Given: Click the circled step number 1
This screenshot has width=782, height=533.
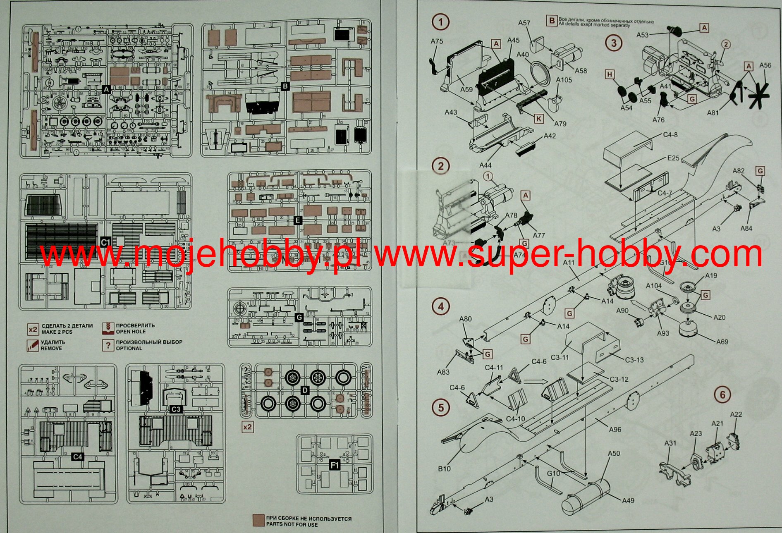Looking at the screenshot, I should [x=440, y=22].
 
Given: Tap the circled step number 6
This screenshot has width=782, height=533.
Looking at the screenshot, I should [x=722, y=394].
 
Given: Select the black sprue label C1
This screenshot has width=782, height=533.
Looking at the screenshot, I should [x=106, y=241].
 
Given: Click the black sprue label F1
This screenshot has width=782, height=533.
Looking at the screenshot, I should [x=335, y=465].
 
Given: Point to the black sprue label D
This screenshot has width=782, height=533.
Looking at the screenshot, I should [x=305, y=390].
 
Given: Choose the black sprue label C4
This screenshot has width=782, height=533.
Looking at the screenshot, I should [x=77, y=457].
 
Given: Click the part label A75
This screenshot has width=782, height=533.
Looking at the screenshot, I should [x=437, y=41].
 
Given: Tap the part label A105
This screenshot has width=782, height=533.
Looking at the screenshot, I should [x=564, y=80].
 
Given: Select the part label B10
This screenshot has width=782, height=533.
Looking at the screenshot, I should [x=444, y=468].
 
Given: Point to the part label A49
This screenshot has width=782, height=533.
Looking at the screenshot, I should [x=628, y=500].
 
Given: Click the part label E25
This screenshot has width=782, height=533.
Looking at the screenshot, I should [x=673, y=158].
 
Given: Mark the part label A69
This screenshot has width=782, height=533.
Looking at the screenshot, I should [x=722, y=342].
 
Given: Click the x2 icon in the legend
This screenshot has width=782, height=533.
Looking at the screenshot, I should [x=33, y=330].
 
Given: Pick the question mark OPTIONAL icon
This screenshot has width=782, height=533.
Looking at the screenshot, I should [x=108, y=345].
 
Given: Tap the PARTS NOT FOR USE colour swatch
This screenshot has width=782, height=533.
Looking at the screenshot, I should [x=259, y=521].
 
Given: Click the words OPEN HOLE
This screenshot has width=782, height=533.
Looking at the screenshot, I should [x=131, y=332].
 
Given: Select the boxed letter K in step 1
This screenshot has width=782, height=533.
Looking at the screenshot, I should [x=538, y=119].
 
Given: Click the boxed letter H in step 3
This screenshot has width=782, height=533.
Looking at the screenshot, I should [x=610, y=74].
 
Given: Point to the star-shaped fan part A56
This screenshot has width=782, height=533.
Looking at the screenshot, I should [x=759, y=96].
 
